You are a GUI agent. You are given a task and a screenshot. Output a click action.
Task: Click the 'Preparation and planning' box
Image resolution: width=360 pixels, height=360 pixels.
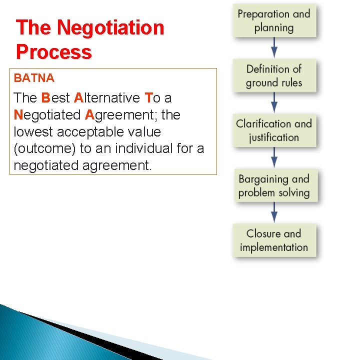click(274, 20)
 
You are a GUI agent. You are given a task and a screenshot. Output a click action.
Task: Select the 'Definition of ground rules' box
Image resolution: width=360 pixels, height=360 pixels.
click(274, 75)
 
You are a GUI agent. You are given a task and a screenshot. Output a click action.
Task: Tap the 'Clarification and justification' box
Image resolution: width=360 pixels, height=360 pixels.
click(274, 130)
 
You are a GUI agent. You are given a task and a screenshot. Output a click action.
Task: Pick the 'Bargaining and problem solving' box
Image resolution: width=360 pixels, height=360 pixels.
click(274, 185)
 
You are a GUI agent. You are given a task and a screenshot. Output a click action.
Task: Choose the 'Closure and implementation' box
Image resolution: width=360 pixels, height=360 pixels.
click(274, 240)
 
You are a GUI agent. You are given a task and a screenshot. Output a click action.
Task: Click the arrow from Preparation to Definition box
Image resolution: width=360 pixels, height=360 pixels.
click(274, 48)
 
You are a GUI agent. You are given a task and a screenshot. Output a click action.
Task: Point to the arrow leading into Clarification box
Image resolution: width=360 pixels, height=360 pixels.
click(274, 103)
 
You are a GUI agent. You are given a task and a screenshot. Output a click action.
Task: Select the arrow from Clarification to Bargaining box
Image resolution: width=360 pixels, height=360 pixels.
click(274, 158)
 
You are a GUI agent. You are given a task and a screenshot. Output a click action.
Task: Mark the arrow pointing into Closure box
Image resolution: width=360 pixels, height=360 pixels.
click(274, 213)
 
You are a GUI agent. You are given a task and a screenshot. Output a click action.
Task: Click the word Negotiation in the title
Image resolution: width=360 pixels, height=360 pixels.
click(110, 28)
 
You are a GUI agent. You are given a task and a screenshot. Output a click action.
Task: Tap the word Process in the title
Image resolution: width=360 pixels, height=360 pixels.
click(54, 52)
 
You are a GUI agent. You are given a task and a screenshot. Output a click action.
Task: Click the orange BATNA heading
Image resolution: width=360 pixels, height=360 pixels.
click(34, 78)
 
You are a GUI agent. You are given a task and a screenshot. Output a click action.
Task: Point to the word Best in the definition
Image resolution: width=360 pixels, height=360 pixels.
click(55, 97)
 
